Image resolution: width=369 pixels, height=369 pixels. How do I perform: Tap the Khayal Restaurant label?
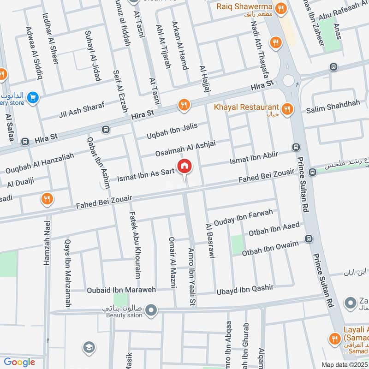tap(246, 107)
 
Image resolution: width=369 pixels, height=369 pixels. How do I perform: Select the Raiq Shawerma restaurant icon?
tap(280, 8)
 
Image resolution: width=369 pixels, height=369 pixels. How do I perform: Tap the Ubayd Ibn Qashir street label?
tap(245, 289)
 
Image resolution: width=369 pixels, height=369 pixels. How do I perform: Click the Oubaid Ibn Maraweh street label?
tap(122, 290)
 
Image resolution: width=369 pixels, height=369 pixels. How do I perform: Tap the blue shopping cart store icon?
tap(32, 97)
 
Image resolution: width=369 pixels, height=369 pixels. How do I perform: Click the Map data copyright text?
tap(344, 364)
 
